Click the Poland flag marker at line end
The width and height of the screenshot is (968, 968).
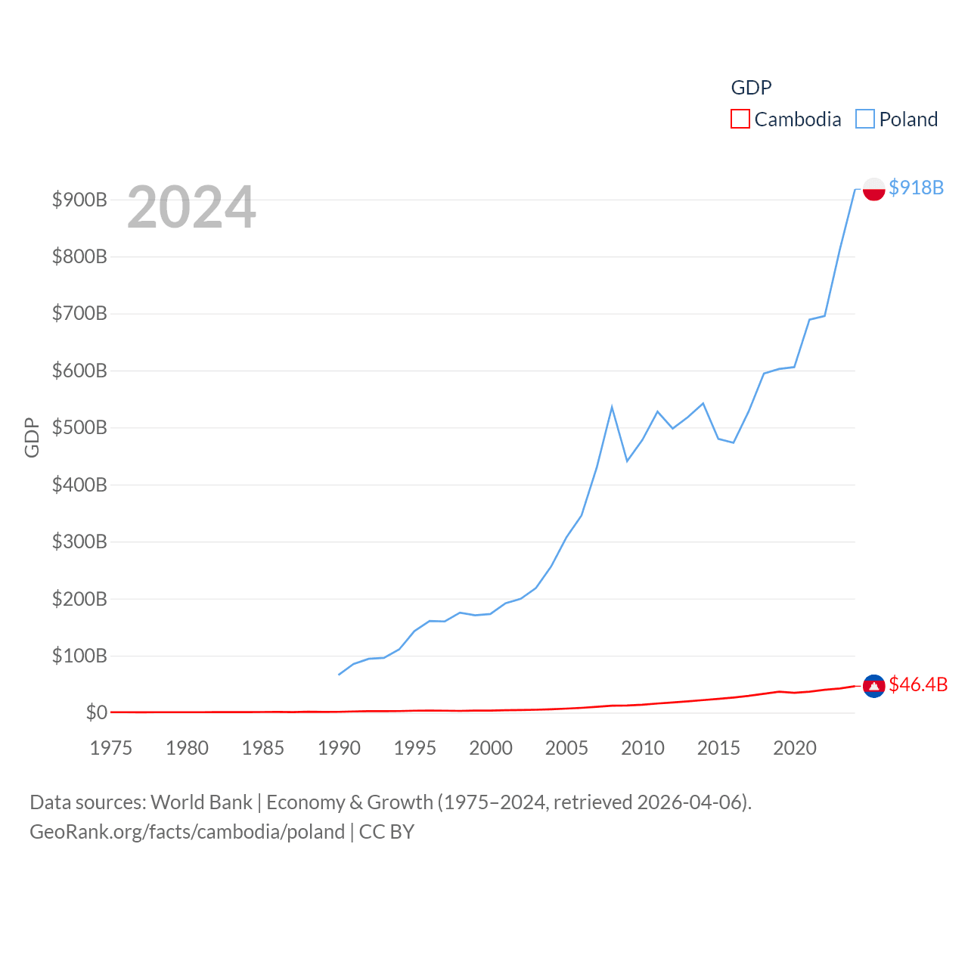tap(873, 189)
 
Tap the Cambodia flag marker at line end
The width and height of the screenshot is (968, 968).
tap(873, 686)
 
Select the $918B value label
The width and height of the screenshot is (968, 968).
tap(916, 188)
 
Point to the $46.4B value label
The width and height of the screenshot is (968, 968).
tap(918, 684)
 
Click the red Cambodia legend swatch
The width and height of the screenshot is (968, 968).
tap(740, 119)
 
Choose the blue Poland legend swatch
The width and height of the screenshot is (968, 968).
tap(864, 119)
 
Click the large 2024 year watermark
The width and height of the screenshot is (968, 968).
tap(191, 207)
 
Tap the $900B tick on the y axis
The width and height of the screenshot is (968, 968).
tap(79, 200)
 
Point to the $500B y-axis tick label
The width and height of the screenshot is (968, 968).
tap(79, 427)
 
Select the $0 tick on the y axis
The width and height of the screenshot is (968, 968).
tap(96, 712)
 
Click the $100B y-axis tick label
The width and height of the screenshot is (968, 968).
tap(79, 656)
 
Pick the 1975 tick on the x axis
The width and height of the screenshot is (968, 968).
tap(111, 748)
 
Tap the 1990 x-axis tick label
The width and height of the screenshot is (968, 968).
tap(339, 748)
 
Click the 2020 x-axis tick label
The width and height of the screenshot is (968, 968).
tap(794, 748)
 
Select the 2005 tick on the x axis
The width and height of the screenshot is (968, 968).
tap(566, 748)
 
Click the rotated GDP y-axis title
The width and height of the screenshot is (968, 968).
tap(32, 437)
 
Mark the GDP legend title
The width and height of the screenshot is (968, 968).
tap(751, 88)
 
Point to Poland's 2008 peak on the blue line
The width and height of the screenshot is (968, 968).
tap(612, 407)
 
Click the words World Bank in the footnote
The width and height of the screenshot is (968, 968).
tap(201, 802)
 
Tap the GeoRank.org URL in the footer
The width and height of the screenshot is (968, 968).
tap(187, 832)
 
